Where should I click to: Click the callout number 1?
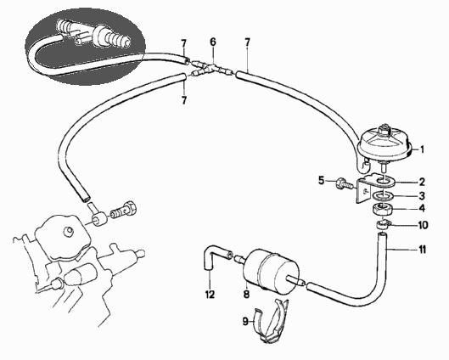[422, 149]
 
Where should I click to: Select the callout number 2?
[422, 182]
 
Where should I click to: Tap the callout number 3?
[422, 196]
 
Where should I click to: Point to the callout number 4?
[422, 209]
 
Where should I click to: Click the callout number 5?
[322, 181]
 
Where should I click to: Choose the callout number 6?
[213, 42]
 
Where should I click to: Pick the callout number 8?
[246, 294]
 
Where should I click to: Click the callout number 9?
[245, 321]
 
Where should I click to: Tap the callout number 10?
[423, 225]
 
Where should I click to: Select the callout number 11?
[423, 250]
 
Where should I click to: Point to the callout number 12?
[210, 294]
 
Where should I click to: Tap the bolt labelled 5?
[345, 183]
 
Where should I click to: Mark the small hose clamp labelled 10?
[382, 223]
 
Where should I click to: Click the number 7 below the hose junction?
[184, 100]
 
